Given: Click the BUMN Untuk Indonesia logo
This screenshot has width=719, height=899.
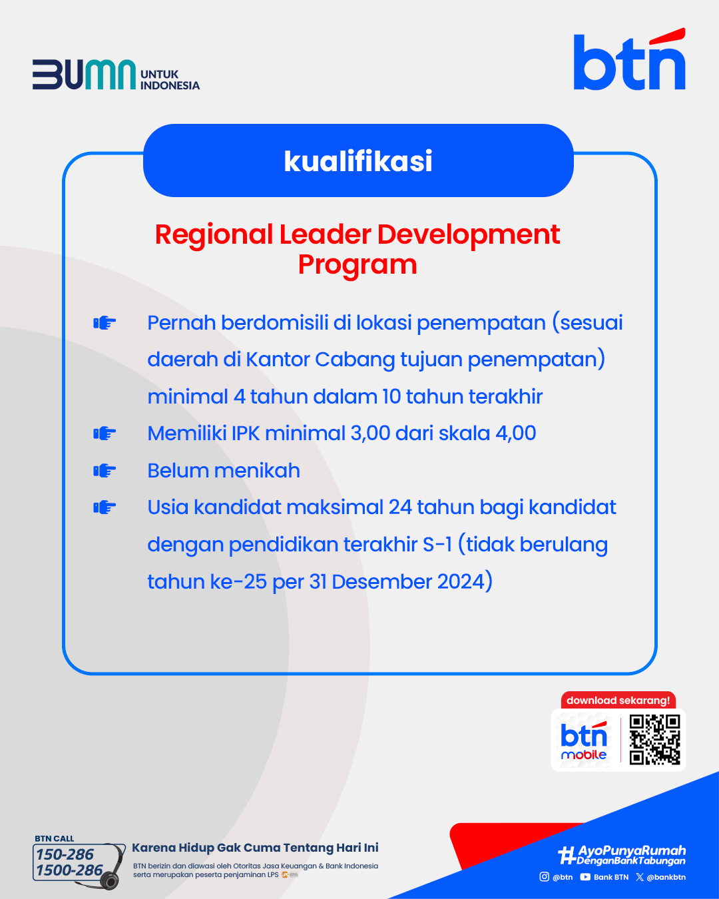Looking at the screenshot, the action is click(x=116, y=75).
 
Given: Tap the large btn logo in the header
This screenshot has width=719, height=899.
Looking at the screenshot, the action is click(x=629, y=59).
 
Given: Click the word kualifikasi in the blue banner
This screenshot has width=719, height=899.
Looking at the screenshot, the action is click(x=358, y=161).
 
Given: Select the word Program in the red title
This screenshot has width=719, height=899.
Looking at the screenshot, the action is click(x=358, y=264).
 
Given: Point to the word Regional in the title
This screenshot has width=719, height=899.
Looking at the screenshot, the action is click(x=214, y=235).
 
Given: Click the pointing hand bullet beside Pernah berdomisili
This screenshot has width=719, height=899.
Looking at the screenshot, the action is click(x=105, y=323).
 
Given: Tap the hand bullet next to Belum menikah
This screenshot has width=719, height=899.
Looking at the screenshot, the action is click(x=105, y=471).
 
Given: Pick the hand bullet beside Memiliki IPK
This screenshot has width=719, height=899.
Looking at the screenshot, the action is click(x=105, y=434).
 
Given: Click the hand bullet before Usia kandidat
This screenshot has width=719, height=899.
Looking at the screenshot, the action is click(x=105, y=507).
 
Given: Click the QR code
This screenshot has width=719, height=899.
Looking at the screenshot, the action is click(x=654, y=740).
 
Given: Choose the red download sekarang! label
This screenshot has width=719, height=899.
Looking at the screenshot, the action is click(x=618, y=701).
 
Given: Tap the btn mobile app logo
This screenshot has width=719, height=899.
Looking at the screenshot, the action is click(x=584, y=741).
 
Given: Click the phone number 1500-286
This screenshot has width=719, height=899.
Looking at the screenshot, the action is click(x=69, y=870).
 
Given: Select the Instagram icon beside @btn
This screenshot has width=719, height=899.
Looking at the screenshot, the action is click(x=544, y=876).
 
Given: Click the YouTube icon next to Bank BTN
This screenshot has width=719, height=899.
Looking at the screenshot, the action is click(x=585, y=877).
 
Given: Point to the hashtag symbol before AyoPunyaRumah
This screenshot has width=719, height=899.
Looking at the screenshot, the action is click(x=568, y=855).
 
